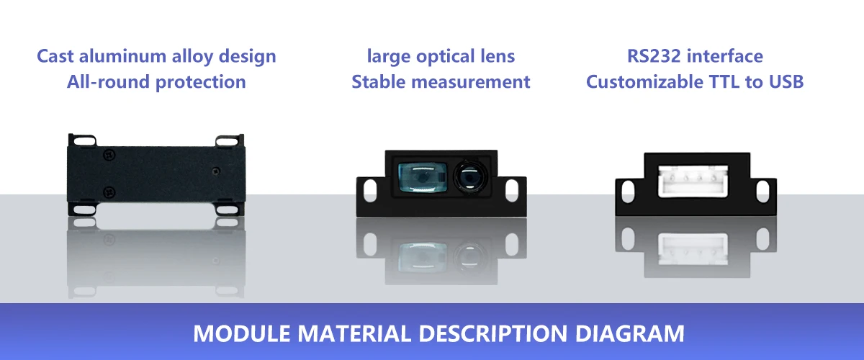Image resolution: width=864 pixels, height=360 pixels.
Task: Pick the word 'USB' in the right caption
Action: pyautogui.click(x=785, y=82)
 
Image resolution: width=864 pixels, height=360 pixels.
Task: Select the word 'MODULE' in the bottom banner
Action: pyautogui.click(x=232, y=334)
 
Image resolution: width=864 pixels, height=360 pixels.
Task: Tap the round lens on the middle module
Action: pyautogui.click(x=469, y=177)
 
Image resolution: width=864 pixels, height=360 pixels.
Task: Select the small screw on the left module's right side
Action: pyautogui.click(x=217, y=171)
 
